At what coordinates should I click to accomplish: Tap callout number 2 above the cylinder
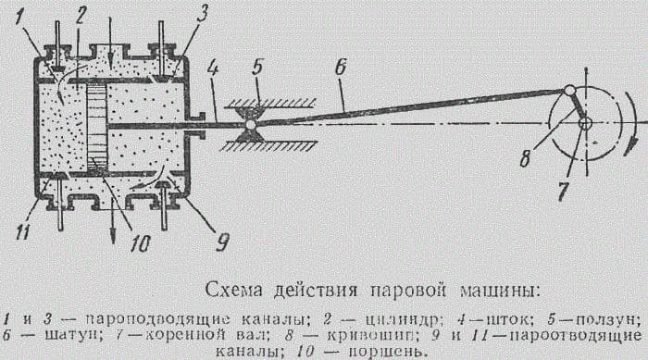81,15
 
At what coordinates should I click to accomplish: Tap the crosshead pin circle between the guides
250,124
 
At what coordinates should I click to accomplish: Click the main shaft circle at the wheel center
584,123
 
